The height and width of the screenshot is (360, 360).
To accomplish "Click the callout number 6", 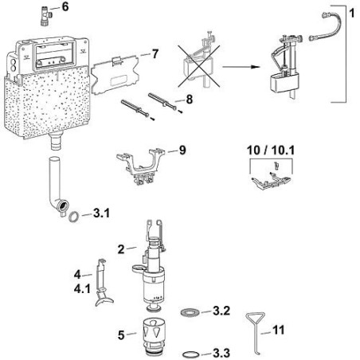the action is point(65,7).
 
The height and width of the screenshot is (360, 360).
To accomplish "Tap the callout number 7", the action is point(155,54).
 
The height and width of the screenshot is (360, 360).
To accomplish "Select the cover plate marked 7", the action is point(115,75).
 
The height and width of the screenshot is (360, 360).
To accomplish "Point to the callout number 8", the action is point(189,100).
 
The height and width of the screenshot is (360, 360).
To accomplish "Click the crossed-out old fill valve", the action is point(198,61).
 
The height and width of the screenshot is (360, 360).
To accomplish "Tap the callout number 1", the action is point(352,13).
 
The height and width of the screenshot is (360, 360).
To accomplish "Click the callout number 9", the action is point(182,151).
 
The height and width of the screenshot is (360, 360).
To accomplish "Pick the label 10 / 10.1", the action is point(271,151).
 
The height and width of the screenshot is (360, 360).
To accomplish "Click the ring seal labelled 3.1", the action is point(74,216).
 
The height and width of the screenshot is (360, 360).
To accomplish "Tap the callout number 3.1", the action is point(101,213).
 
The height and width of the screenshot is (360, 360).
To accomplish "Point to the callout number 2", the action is point(121,249).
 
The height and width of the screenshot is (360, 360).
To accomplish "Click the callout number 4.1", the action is point(82,288).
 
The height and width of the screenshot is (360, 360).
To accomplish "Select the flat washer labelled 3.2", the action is point(190,312).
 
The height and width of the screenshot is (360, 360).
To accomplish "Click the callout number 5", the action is point(121,335).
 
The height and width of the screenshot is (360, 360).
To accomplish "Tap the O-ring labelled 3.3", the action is point(191,354).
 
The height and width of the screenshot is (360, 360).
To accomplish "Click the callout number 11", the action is point(279,330).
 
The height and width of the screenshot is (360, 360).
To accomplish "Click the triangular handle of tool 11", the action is point(255,319).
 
